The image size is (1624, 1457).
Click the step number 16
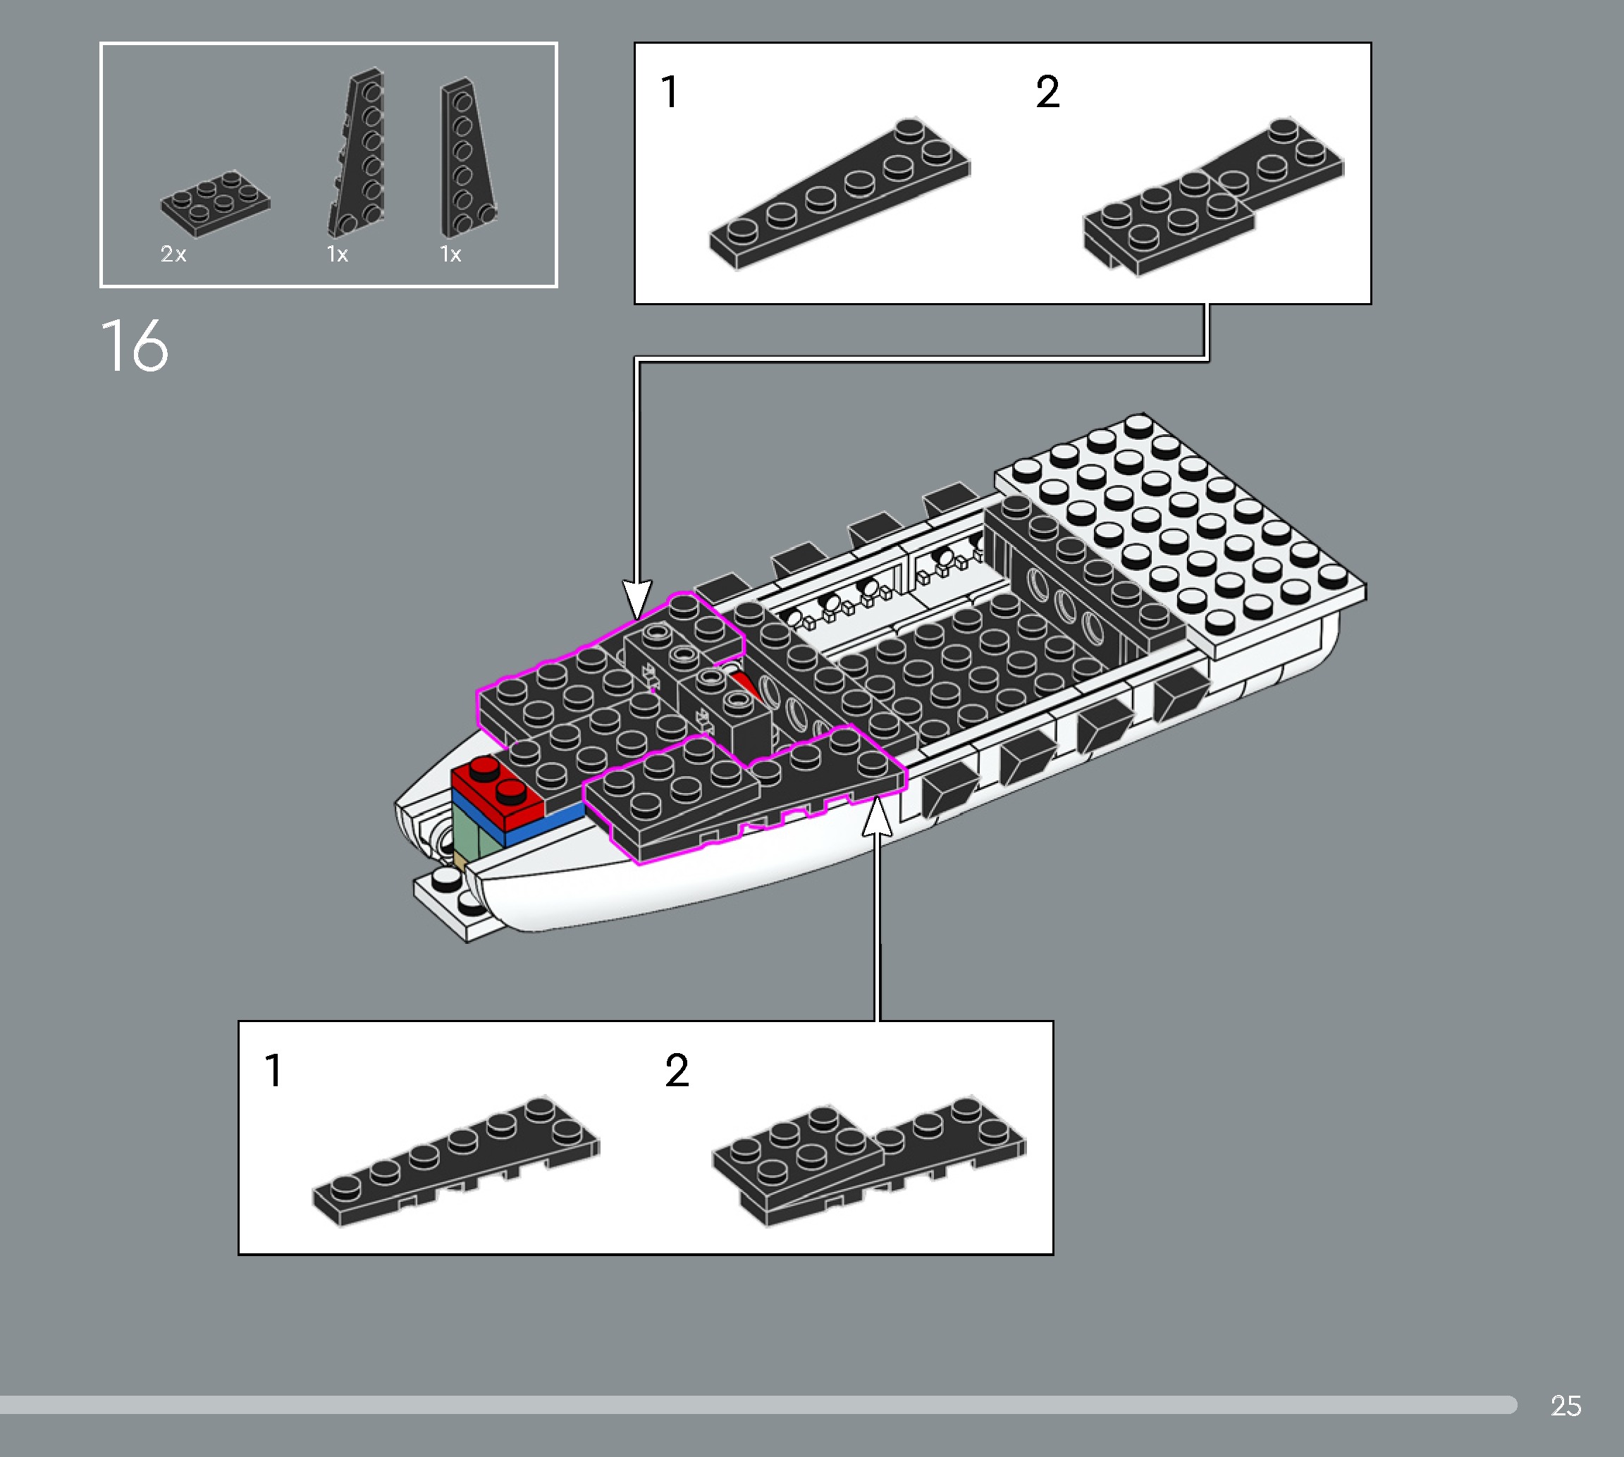coord(135,346)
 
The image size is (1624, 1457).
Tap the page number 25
coord(1565,1406)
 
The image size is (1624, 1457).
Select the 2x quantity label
coord(173,254)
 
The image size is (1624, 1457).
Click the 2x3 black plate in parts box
coord(214,203)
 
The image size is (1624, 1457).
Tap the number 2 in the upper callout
coord(1047,92)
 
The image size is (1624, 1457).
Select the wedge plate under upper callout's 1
coord(840,192)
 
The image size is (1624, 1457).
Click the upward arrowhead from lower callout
coord(878,816)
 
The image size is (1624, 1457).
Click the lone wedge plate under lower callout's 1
coord(456,1161)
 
